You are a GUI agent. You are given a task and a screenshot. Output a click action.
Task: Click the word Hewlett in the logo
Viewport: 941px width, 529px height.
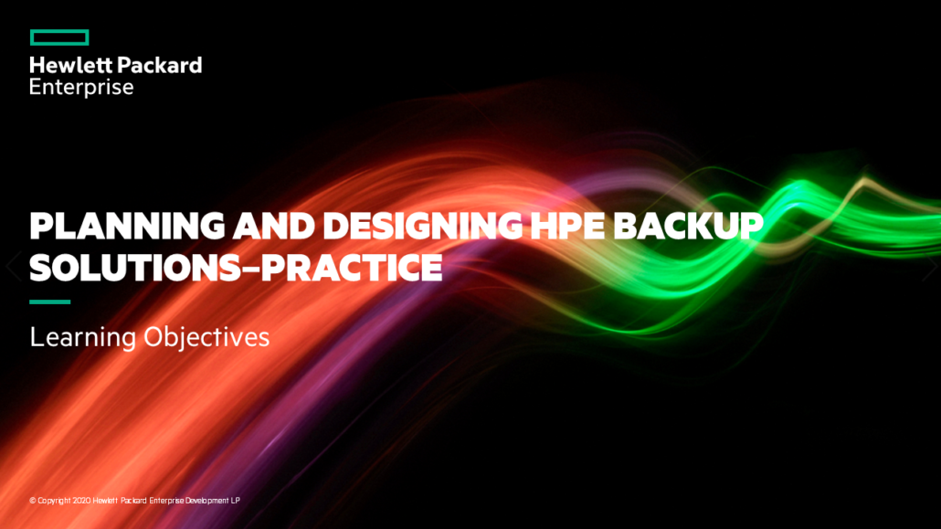pos(70,65)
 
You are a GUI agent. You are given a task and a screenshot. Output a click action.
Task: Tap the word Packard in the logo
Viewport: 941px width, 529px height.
pos(160,65)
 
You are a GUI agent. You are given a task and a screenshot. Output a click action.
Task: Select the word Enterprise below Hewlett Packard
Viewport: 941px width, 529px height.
pos(81,87)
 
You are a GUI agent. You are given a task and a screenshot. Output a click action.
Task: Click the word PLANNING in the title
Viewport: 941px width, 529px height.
pos(127,226)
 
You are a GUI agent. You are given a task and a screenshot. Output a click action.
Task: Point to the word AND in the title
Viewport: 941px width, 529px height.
pos(274,226)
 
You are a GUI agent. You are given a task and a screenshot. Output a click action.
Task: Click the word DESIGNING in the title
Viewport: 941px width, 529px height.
pos(423,226)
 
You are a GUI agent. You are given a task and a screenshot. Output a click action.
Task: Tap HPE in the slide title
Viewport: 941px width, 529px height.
pos(567,226)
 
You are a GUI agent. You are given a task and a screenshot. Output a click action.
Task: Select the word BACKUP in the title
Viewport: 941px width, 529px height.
pos(688,226)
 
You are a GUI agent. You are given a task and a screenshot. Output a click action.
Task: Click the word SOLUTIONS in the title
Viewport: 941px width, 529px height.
pos(135,268)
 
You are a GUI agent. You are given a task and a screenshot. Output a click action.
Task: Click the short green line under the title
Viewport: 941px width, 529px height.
pos(50,302)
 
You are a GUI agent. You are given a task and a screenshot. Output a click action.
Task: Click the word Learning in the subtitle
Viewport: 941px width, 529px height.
pos(83,337)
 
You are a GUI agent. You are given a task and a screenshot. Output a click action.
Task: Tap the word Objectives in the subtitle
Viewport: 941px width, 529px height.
pos(206,337)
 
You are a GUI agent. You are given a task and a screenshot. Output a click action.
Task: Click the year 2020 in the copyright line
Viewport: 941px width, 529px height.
pos(81,500)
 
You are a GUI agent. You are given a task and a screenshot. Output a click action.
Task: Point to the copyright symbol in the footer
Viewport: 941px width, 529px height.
pos(33,500)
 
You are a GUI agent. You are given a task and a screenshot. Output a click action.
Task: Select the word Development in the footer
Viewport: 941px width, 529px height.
pos(207,501)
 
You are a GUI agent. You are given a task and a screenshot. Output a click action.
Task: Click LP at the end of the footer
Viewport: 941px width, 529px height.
pos(236,500)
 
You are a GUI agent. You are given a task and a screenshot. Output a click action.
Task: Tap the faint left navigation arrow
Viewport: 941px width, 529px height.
pos(13,265)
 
